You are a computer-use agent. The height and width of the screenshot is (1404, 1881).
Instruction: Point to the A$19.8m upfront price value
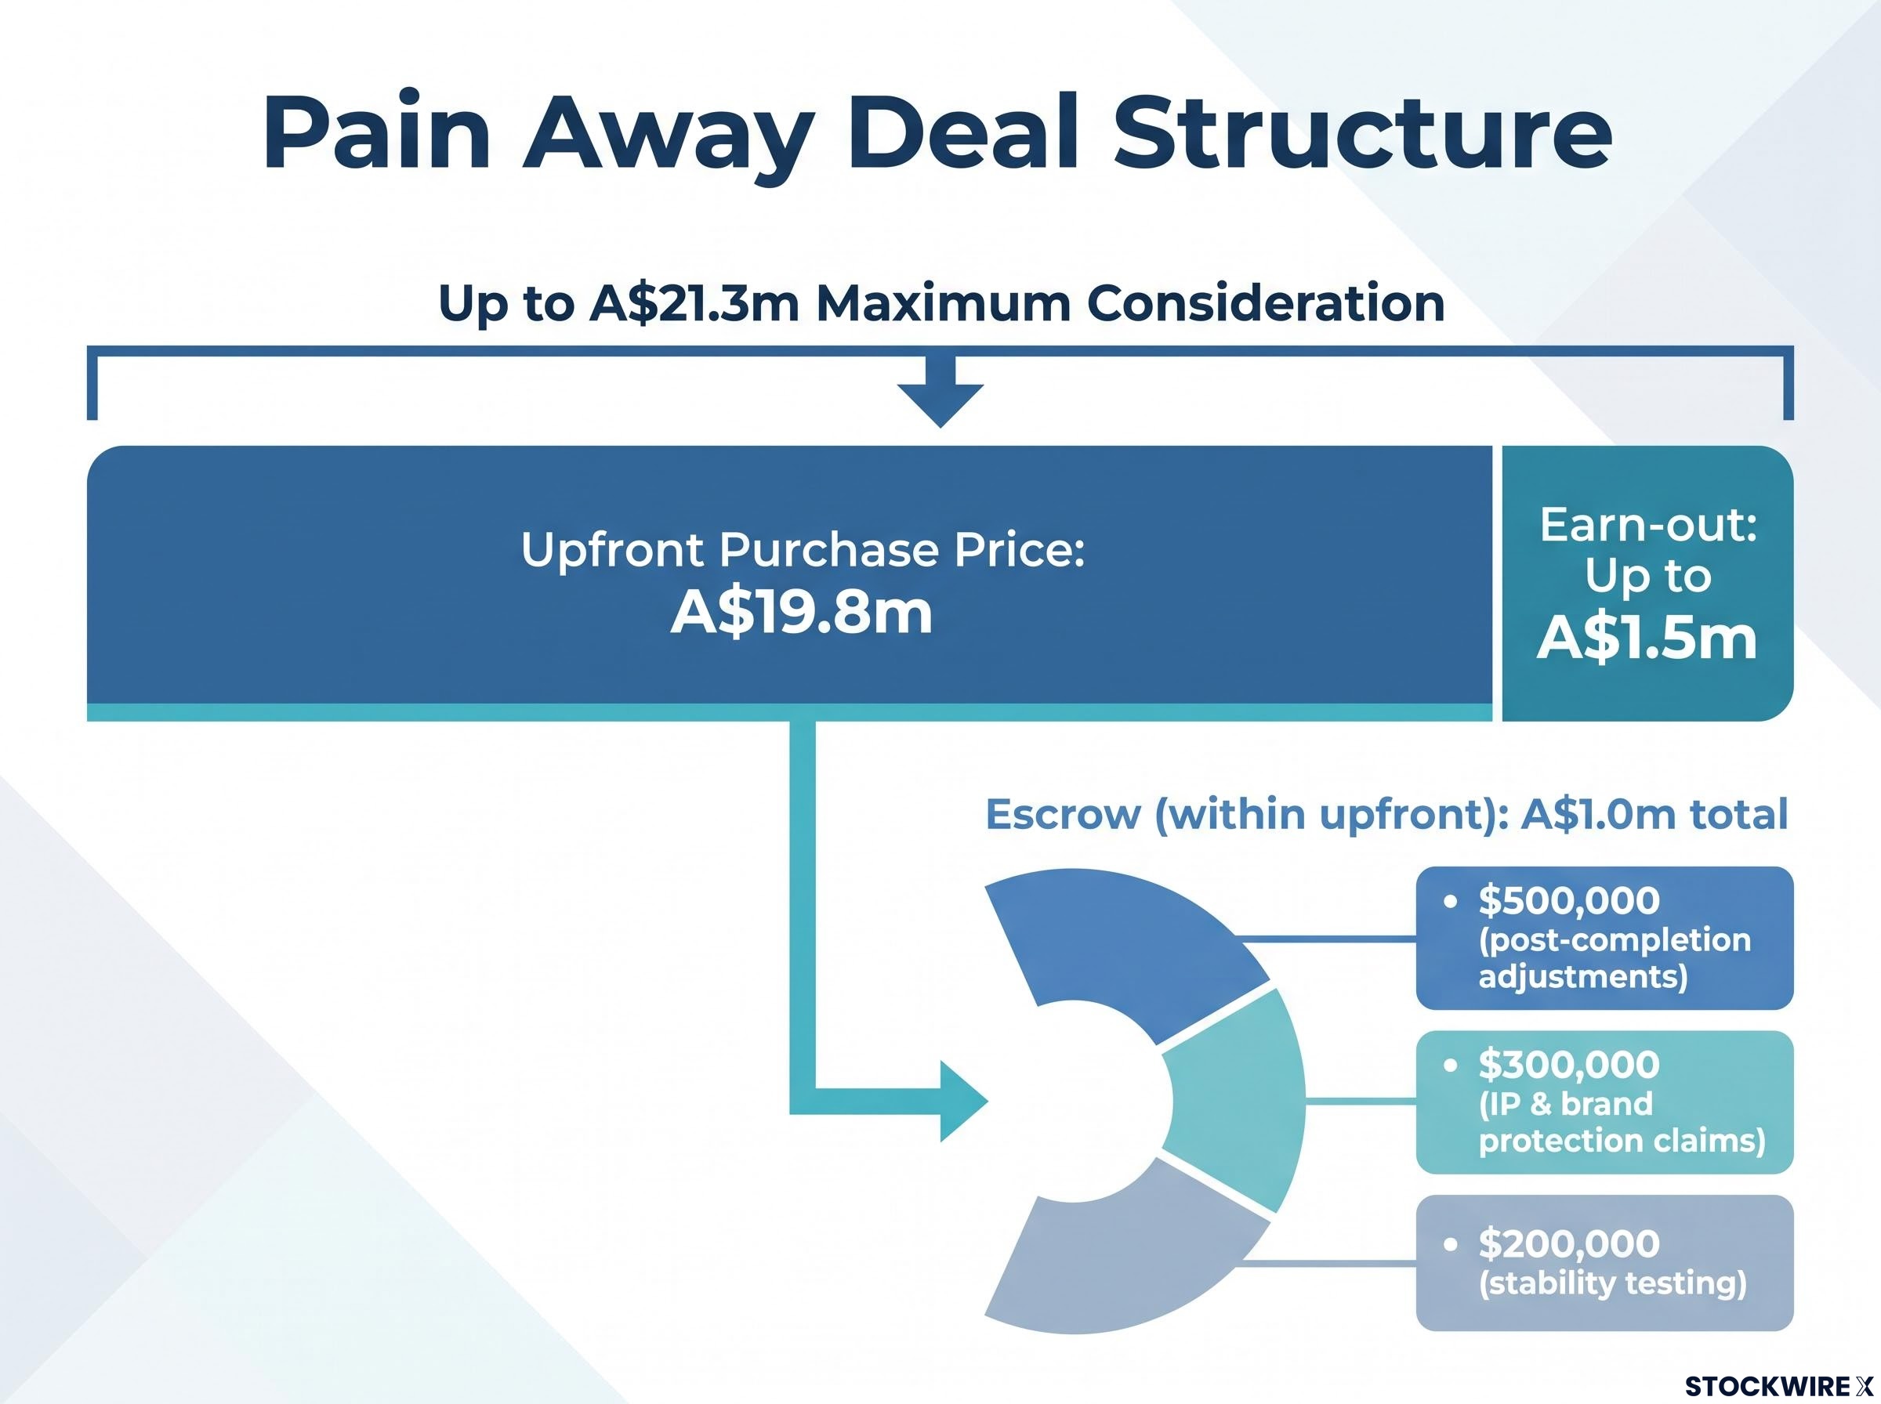click(x=802, y=613)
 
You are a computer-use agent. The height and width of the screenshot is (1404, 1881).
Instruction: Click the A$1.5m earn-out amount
click(x=1647, y=639)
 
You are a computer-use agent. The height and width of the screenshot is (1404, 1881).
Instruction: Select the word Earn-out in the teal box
click(x=1648, y=524)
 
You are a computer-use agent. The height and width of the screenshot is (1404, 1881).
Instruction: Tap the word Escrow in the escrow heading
click(x=1063, y=814)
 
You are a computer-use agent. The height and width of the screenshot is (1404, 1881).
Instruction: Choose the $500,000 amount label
click(x=1569, y=900)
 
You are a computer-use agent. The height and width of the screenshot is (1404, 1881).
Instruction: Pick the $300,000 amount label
click(x=1569, y=1064)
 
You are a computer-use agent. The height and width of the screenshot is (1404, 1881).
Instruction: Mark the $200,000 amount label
click(x=1569, y=1243)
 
